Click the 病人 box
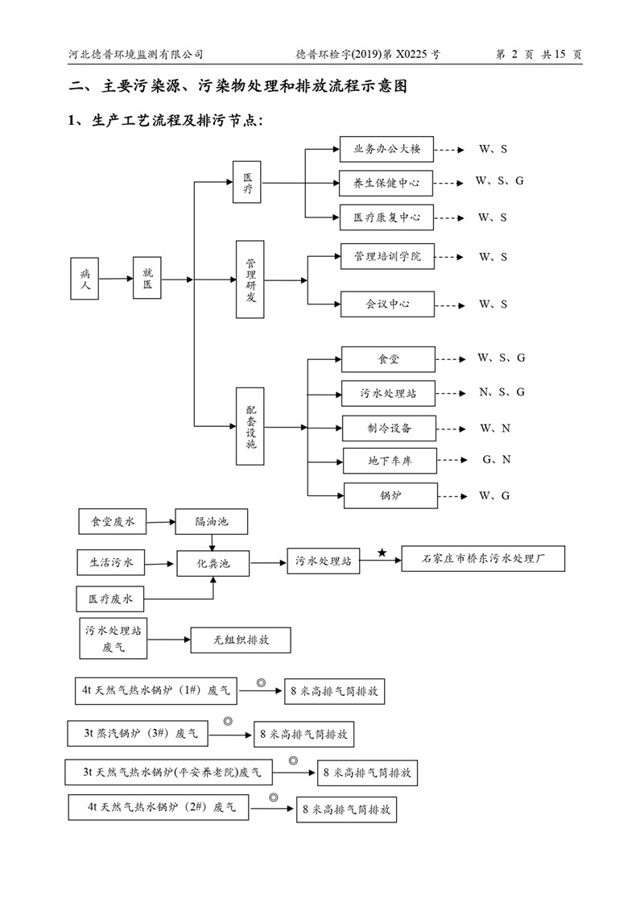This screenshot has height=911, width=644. [x=85, y=279]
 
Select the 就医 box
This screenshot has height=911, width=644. [x=147, y=279]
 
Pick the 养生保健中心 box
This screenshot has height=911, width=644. [x=386, y=182]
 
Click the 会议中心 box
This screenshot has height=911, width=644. [x=387, y=304]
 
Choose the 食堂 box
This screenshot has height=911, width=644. [x=389, y=358]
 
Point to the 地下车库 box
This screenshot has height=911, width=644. [x=390, y=461]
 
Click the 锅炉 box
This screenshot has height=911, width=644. [x=390, y=495]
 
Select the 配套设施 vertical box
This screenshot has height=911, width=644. [x=250, y=426]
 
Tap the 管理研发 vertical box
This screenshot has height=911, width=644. [x=250, y=280]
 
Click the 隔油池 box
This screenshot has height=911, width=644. [x=211, y=522]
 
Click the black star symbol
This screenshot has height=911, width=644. [x=382, y=552]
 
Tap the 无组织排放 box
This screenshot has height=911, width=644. [x=241, y=640]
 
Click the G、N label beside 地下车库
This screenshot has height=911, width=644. [x=497, y=460]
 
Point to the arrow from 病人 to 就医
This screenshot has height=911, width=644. [x=116, y=280]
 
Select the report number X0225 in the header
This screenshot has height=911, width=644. [x=411, y=55]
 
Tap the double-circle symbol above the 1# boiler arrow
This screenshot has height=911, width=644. [x=261, y=682]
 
